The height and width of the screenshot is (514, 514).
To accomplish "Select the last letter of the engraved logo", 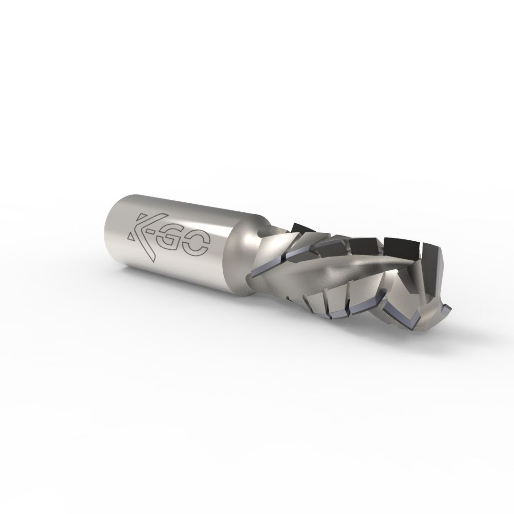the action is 196,247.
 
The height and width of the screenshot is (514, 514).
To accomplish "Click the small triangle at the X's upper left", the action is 141,218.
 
